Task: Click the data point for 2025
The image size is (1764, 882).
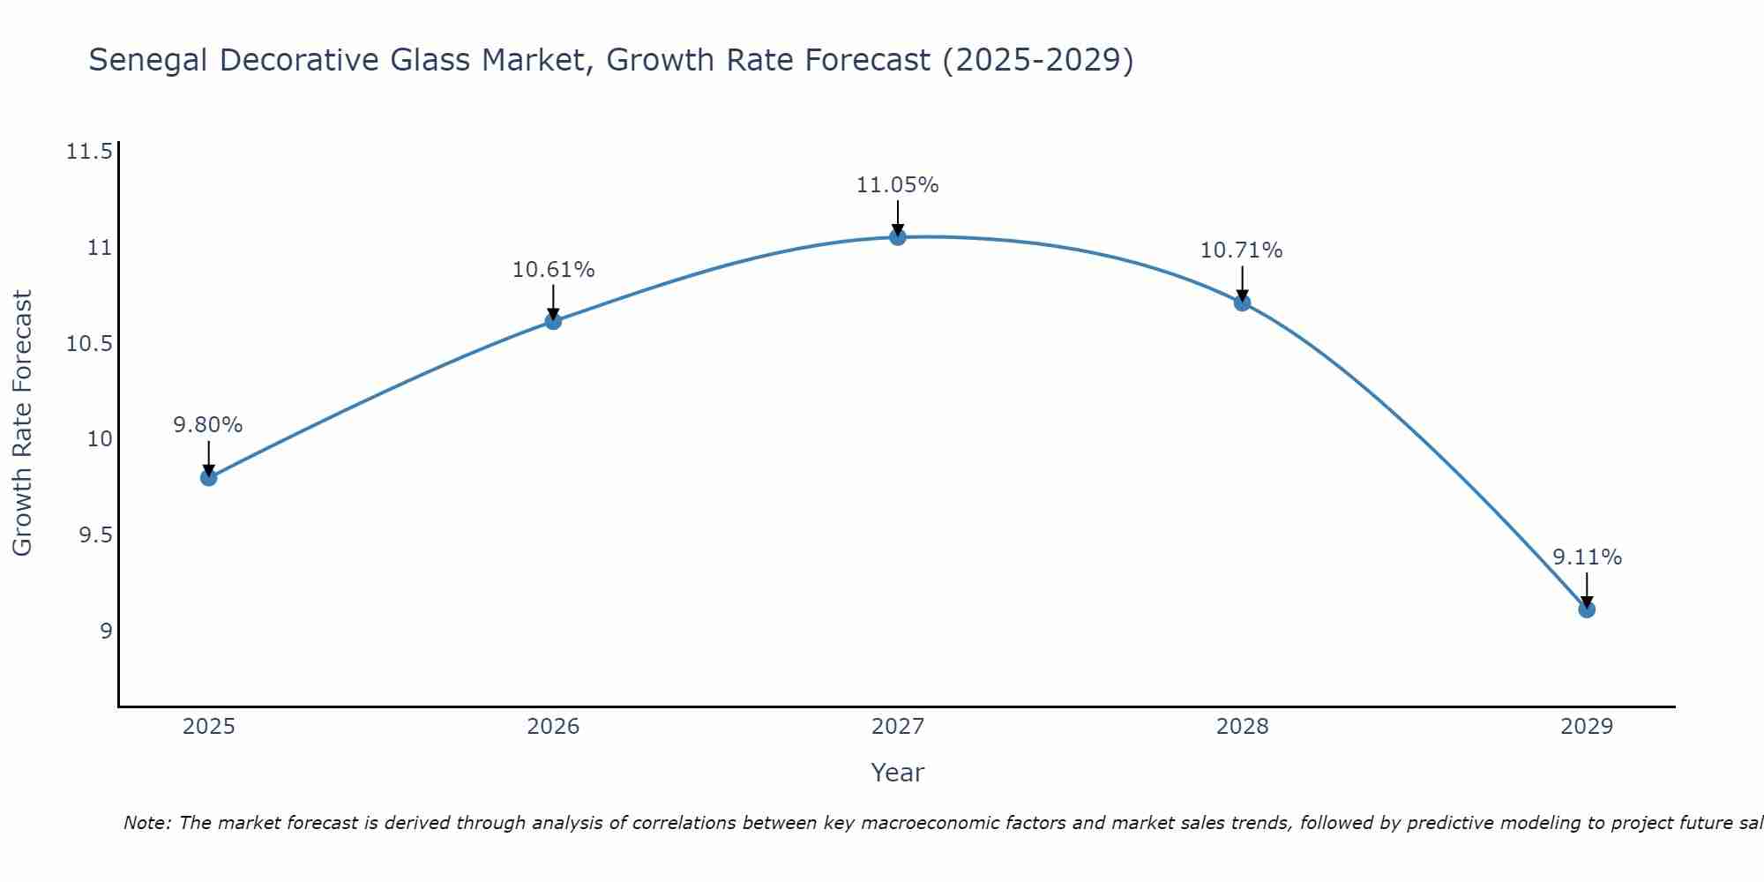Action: pos(209,477)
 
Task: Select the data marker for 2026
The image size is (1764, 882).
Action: pos(553,321)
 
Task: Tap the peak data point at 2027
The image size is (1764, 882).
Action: pos(898,236)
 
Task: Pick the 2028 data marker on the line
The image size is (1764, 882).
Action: pos(1242,303)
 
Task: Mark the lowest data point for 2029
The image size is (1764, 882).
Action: pos(1587,609)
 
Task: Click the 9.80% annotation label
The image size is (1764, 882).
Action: pos(208,425)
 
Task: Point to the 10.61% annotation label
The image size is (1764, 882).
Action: pos(553,270)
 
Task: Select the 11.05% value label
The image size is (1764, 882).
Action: pos(898,185)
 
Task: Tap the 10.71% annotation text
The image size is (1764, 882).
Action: pos(1242,250)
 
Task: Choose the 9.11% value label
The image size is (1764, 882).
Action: pos(1587,557)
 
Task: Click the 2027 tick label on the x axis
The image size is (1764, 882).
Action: pos(898,727)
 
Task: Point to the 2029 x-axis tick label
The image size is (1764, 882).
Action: pos(1587,727)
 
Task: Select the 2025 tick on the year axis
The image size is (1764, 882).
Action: pos(209,727)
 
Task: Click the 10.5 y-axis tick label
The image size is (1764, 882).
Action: pos(90,344)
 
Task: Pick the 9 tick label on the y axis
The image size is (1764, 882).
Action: pos(106,632)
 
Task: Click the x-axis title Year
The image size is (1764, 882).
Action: pos(898,773)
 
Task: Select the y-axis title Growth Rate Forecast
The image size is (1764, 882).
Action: pos(23,423)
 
